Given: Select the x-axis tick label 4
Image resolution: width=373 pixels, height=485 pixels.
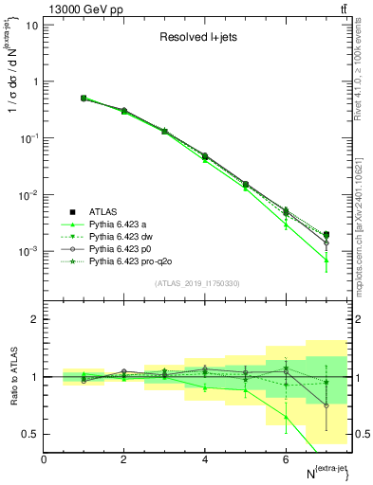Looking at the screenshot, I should coord(205,459).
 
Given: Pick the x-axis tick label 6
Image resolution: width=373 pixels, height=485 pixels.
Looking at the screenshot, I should coord(286,459).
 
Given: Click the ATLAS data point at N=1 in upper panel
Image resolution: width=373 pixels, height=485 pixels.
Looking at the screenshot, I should coord(84,98).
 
